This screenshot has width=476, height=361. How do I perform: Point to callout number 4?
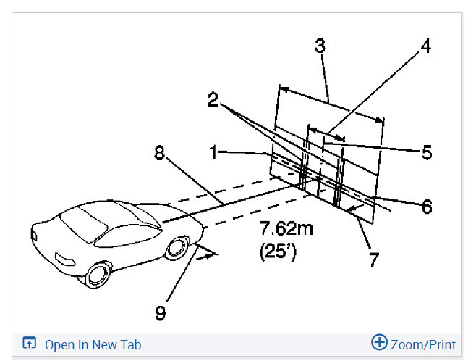tap(425, 46)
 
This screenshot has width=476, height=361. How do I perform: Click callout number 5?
tap(426, 152)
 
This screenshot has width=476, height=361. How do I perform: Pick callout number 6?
tap(427, 207)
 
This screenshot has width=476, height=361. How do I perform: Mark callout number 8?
tap(159, 153)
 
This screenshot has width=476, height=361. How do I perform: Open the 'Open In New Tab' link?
tap(93, 344)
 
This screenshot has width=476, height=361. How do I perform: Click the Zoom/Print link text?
tap(423, 344)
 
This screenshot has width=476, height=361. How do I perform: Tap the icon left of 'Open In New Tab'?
tap(30, 344)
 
